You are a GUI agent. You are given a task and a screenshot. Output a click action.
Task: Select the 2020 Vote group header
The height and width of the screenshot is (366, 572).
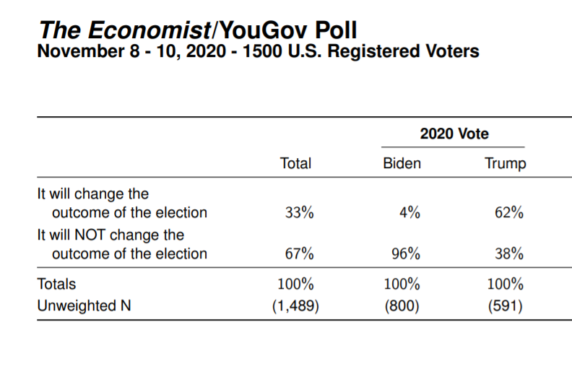[x=454, y=134]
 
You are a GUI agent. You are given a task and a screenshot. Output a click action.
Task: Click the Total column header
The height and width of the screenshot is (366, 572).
[x=295, y=164]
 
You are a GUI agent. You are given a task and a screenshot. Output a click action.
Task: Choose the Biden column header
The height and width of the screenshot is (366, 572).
[x=402, y=164]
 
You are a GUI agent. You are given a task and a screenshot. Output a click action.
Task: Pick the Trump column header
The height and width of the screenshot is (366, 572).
[x=506, y=164]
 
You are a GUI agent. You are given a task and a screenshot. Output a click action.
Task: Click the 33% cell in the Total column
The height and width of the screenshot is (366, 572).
[x=298, y=213]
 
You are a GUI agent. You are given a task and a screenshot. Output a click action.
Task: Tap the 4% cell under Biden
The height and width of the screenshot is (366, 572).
[x=409, y=213]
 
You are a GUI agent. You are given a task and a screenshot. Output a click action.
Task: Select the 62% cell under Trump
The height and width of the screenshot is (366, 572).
[x=509, y=213]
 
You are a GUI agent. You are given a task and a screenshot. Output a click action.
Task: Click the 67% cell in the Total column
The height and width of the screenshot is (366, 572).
[x=298, y=254]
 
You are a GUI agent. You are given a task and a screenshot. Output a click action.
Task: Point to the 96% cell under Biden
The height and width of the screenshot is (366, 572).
[x=405, y=254]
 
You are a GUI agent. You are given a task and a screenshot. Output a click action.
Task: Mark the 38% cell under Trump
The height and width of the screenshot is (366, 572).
[x=509, y=254]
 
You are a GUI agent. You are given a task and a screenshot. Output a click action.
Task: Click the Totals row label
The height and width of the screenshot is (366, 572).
[x=56, y=284]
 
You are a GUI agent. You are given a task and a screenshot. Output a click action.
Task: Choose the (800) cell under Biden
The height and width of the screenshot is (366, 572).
[x=402, y=306]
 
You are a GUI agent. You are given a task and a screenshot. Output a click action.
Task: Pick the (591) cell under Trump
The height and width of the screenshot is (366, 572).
[x=505, y=306]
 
